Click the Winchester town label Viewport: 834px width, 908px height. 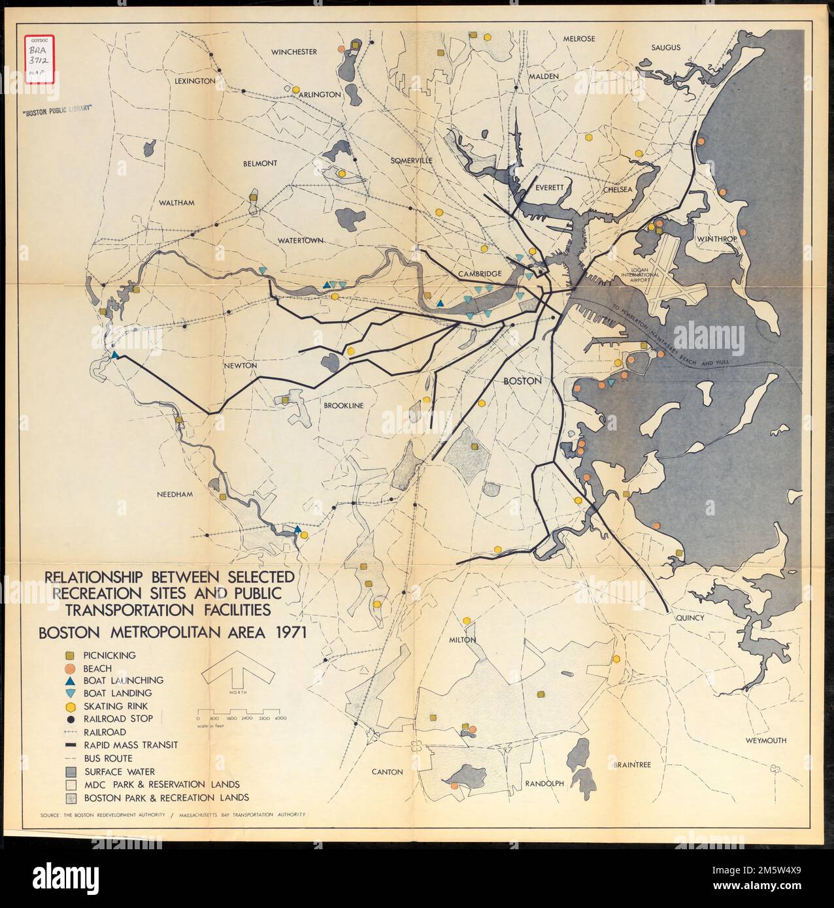point(294,52)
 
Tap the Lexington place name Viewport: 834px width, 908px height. point(195,81)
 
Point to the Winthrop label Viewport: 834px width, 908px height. point(716,239)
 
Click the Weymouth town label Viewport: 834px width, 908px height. point(765,741)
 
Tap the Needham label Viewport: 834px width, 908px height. point(175,495)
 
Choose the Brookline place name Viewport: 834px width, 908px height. point(342,406)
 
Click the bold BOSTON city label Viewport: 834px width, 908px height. point(522,381)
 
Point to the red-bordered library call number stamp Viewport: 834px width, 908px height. point(41,58)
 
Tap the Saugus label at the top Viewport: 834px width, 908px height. point(665,47)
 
